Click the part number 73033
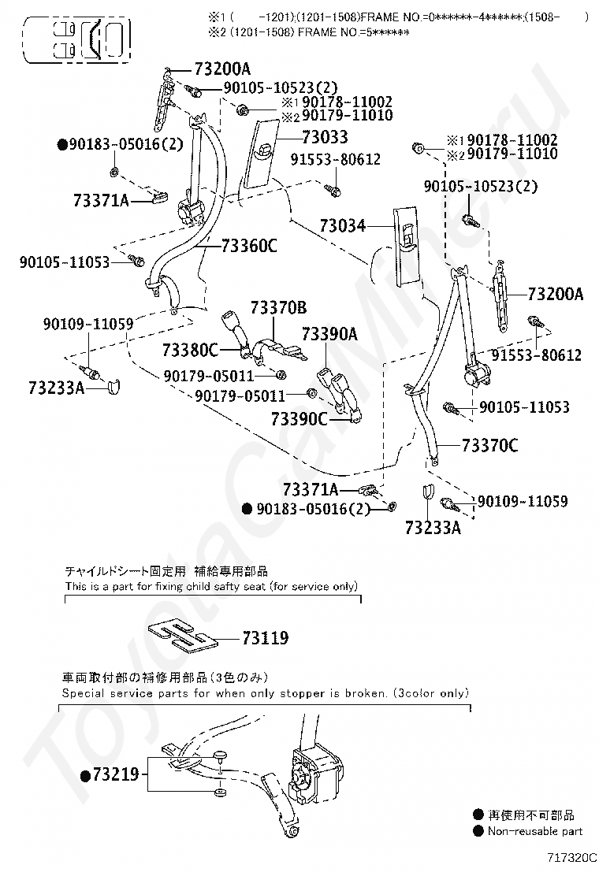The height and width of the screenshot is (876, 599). coord(324,137)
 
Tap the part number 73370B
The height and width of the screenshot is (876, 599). coord(279,307)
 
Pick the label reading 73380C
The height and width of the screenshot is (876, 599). coord(190,348)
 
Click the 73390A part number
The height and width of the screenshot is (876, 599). coord(330,334)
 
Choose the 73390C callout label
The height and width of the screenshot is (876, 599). coord(299,418)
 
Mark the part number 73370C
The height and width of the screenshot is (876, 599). coord(489,447)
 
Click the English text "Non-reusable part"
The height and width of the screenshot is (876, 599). coord(535,831)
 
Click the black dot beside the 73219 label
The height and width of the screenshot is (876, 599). coord(85,776)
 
